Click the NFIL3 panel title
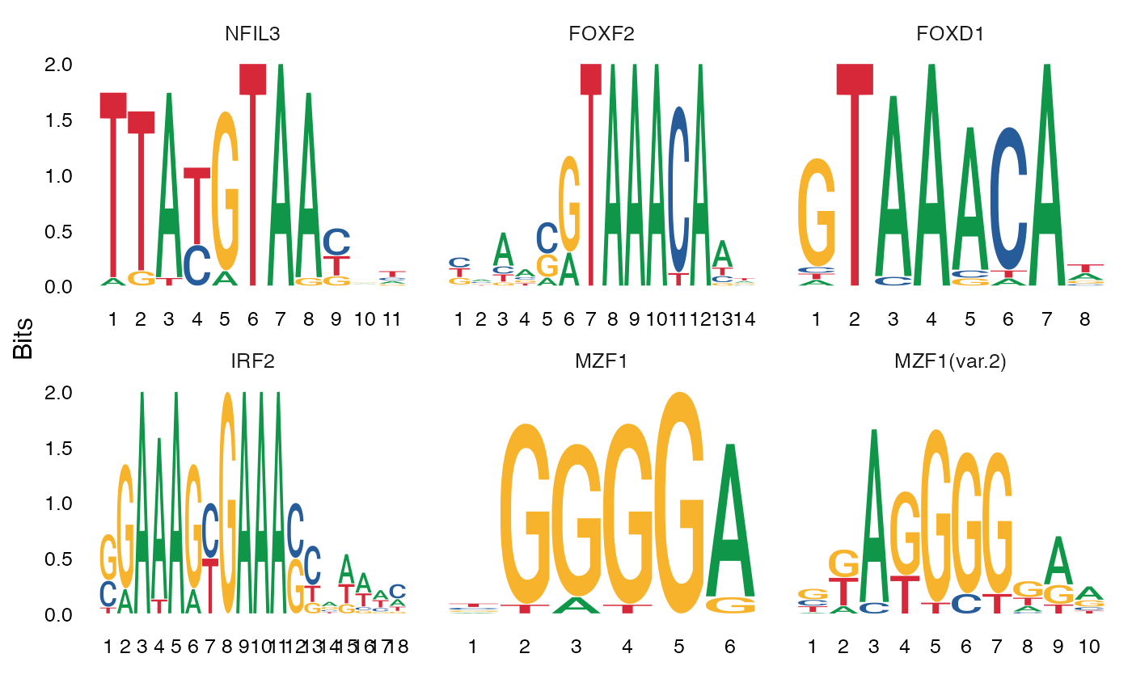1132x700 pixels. pos(252,34)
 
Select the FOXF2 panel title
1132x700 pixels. pos(598,34)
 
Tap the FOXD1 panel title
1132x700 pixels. pos(944,34)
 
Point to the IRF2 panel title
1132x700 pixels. pos(252,361)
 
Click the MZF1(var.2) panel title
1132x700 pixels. pos(950,361)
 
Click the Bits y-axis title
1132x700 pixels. pos(23,339)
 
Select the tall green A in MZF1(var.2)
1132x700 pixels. pos(873,517)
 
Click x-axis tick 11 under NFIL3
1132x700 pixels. pos(391,319)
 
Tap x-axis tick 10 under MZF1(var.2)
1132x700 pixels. pos(1088,647)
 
